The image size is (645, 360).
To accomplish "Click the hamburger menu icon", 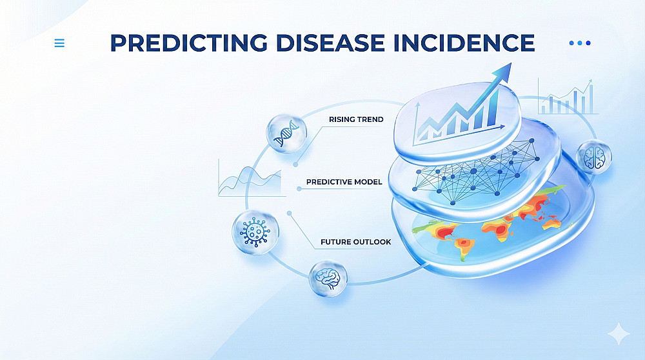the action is click(x=59, y=43).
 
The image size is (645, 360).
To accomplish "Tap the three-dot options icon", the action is click(x=580, y=43).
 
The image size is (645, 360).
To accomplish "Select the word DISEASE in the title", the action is click(x=330, y=43).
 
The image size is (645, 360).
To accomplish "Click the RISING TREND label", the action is click(x=356, y=119).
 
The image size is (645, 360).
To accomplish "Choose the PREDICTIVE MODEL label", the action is click(x=344, y=182).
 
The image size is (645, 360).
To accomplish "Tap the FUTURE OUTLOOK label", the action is click(x=356, y=242).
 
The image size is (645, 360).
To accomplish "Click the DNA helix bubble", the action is click(x=286, y=134).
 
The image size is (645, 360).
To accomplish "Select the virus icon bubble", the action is click(x=255, y=232).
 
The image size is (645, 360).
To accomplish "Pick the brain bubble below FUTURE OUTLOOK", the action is click(x=328, y=279).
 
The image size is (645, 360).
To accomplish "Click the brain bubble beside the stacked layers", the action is click(x=593, y=157).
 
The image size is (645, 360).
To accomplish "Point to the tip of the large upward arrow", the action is click(x=511, y=63).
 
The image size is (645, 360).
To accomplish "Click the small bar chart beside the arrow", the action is click(x=568, y=97).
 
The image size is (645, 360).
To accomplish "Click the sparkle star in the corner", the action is click(x=619, y=334).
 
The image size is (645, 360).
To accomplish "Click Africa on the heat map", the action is click(x=499, y=230).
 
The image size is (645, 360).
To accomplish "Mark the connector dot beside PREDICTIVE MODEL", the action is click(x=299, y=189).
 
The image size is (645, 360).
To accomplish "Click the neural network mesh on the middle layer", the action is click(x=476, y=172).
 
